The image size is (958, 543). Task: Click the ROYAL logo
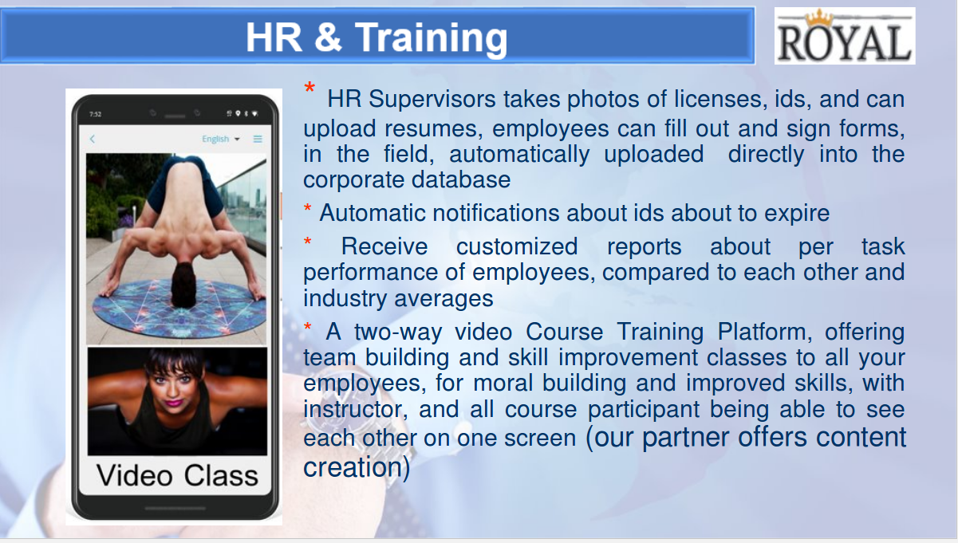[x=845, y=36]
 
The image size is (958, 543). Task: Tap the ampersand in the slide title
[x=328, y=37]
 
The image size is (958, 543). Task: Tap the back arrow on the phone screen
[x=93, y=139]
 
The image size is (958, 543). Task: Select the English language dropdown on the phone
[x=221, y=139]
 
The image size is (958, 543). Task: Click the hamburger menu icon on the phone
[x=258, y=139]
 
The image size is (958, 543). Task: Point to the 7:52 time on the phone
[x=96, y=114]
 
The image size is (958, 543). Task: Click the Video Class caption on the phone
[x=177, y=475]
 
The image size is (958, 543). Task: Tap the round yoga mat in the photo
[x=179, y=308]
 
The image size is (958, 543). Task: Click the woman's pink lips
[x=173, y=403]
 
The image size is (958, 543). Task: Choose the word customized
[x=517, y=246]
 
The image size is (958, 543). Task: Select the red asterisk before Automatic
[x=307, y=209]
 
